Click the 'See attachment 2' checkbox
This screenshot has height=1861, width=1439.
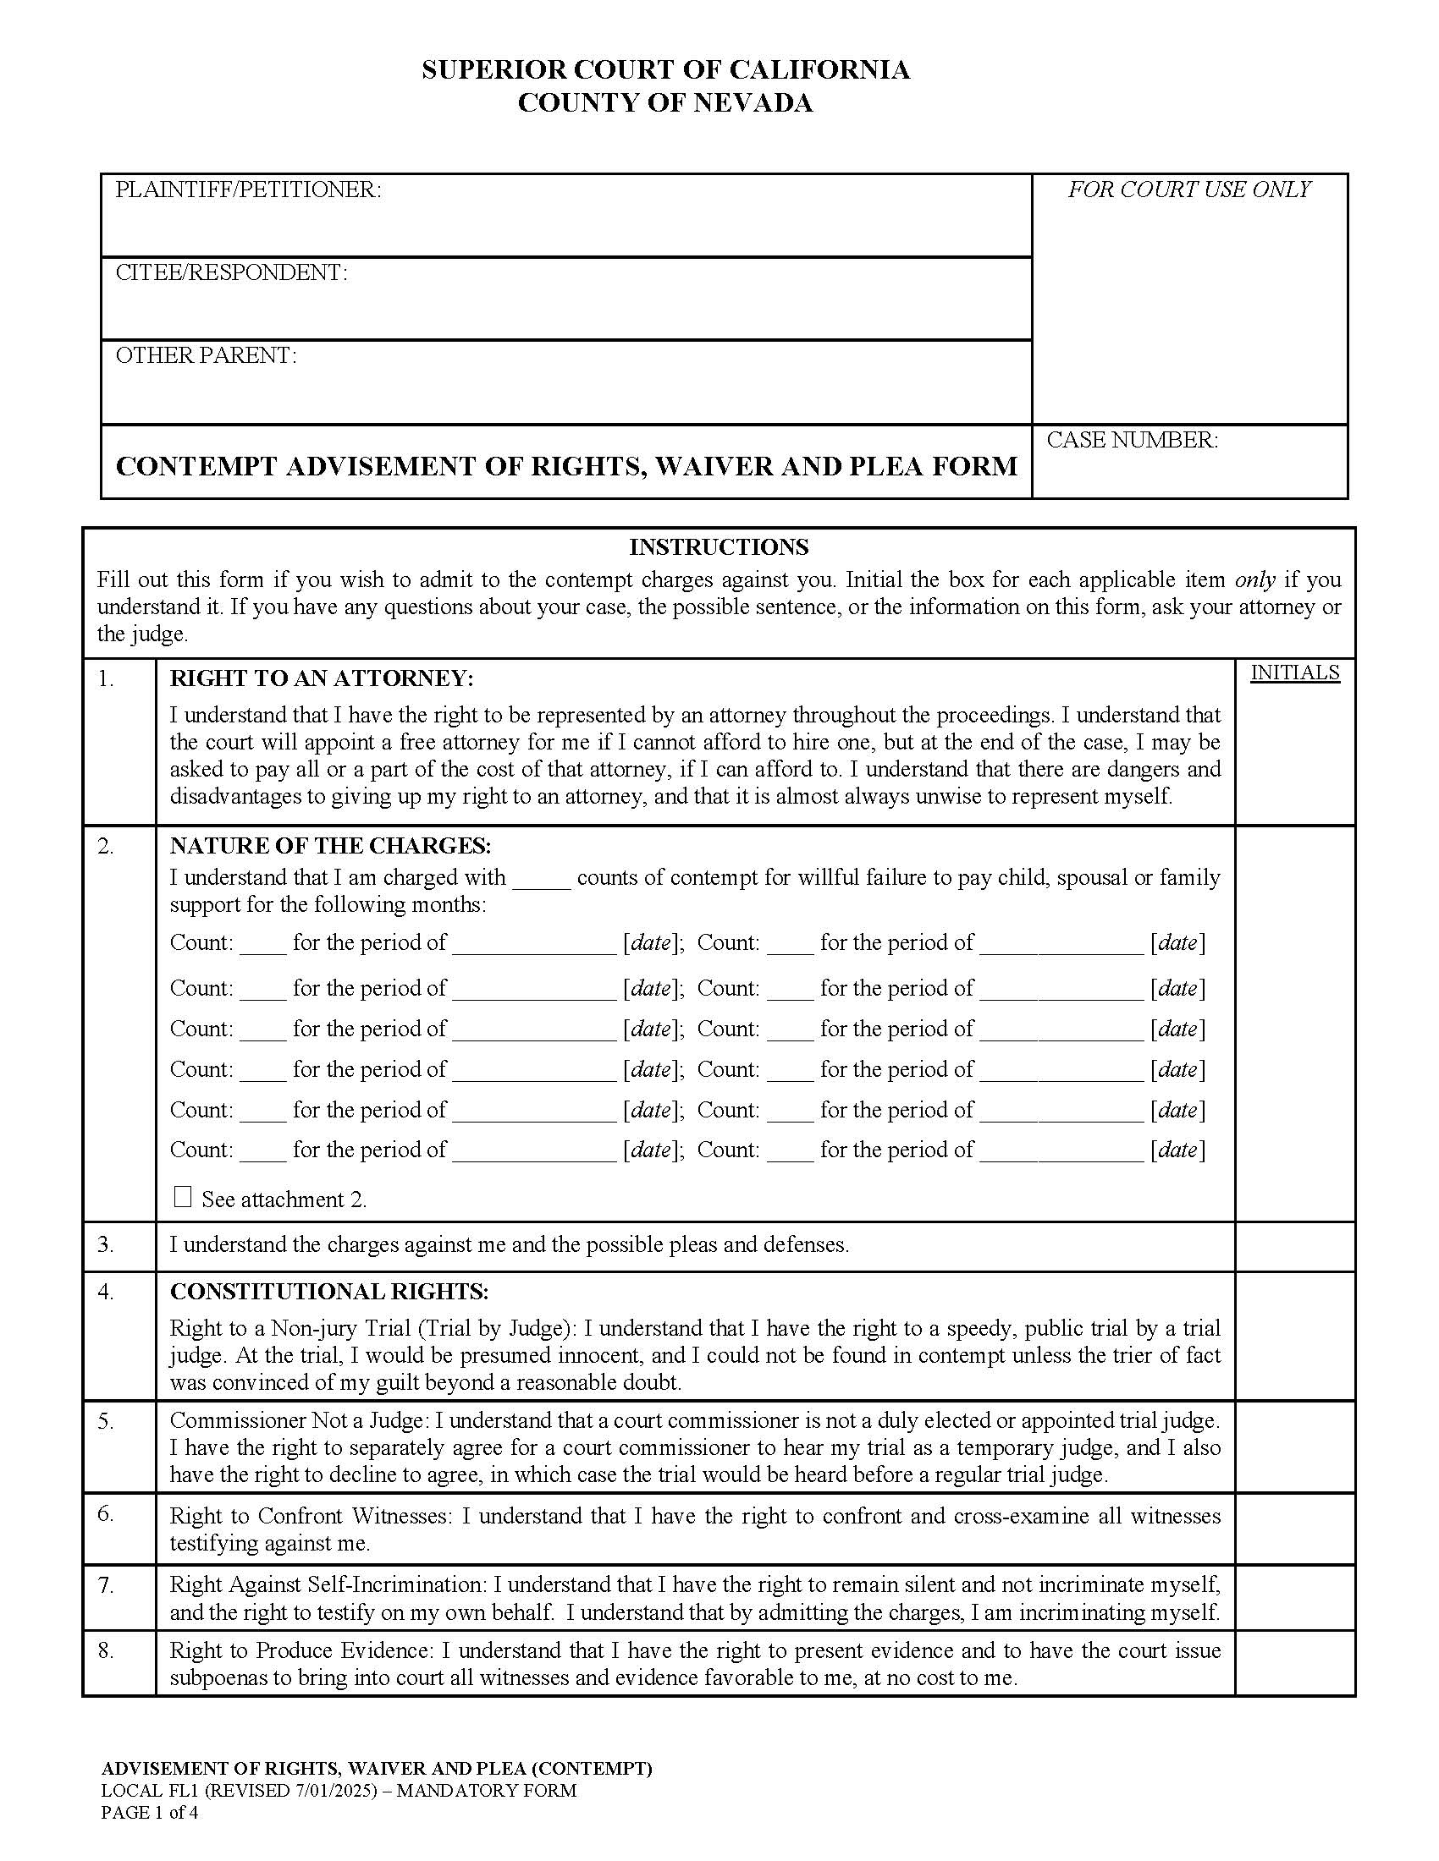183,1196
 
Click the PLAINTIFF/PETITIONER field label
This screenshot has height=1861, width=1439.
248,189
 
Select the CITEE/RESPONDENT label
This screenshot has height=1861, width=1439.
231,272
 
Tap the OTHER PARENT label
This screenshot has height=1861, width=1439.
206,355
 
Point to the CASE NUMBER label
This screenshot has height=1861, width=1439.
1132,440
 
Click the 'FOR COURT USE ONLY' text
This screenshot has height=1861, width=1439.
1188,189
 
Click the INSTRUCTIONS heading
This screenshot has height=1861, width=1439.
719,546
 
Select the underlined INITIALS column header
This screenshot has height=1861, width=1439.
1294,672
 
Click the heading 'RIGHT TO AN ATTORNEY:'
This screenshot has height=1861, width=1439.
322,678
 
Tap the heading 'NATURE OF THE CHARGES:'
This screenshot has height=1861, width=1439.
331,845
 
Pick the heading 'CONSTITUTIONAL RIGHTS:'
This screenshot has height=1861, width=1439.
329,1291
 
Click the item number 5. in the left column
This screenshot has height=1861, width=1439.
105,1421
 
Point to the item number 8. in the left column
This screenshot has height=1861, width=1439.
105,1650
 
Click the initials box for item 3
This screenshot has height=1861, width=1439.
1294,1246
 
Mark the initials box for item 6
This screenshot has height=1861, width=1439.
1294,1528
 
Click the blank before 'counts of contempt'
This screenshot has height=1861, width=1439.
542,880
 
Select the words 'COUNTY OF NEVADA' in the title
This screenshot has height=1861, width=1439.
665,103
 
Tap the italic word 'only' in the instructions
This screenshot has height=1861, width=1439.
1254,579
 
